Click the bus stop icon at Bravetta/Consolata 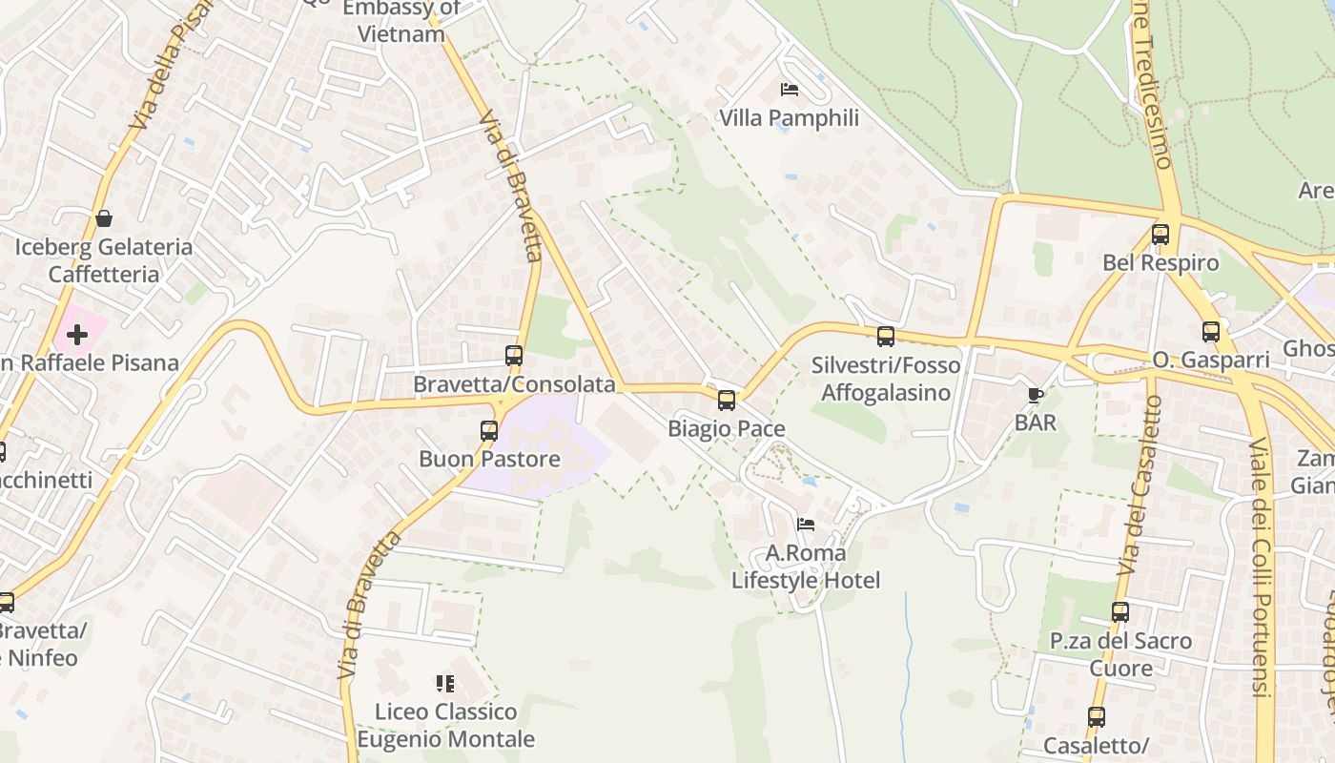pyautogui.click(x=514, y=356)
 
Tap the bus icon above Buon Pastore pyautogui.click(x=489, y=430)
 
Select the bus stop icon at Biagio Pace pyautogui.click(x=727, y=401)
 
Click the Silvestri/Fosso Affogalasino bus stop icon pyautogui.click(x=886, y=336)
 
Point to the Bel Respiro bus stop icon pyautogui.click(x=1160, y=234)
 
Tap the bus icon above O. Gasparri pyautogui.click(x=1211, y=332)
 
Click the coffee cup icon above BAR pyautogui.click(x=1036, y=394)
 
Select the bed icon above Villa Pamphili pyautogui.click(x=790, y=90)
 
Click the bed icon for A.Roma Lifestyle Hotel pyautogui.click(x=806, y=524)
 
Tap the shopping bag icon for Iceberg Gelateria pyautogui.click(x=103, y=218)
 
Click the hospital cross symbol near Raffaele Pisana pyautogui.click(x=77, y=335)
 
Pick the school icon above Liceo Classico pyautogui.click(x=445, y=683)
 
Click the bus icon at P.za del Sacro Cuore pyautogui.click(x=1120, y=612)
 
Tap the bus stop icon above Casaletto pyautogui.click(x=1097, y=717)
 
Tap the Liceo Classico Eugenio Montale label pyautogui.click(x=446, y=726)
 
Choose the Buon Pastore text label pyautogui.click(x=490, y=459)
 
